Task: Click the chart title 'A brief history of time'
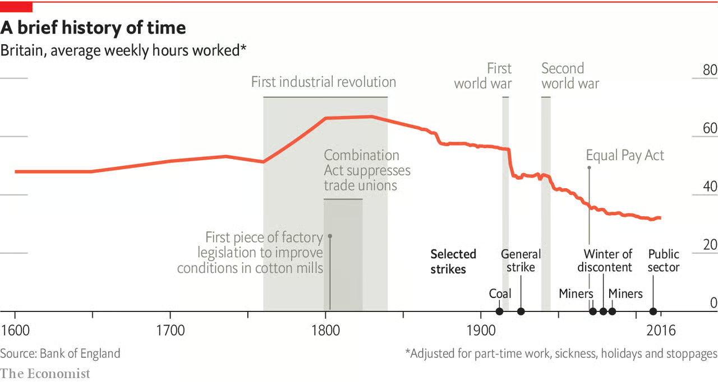point(93,27)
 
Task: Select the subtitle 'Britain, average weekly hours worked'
point(123,50)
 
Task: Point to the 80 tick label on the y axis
point(710,71)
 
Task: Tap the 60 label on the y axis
point(710,129)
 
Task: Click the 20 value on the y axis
point(710,245)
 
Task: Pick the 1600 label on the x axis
point(15,330)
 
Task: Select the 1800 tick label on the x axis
point(325,330)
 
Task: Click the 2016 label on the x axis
point(661,330)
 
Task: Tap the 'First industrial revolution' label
point(324,82)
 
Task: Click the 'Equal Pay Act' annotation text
point(625,155)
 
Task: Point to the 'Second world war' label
point(570,76)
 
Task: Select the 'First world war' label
point(483,76)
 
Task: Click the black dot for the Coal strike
point(499,311)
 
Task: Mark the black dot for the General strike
point(521,311)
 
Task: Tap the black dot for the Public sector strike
point(653,311)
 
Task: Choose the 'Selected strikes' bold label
point(453,262)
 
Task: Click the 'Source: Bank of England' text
point(60,353)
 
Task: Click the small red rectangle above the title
point(16,7)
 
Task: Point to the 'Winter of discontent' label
point(605,261)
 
